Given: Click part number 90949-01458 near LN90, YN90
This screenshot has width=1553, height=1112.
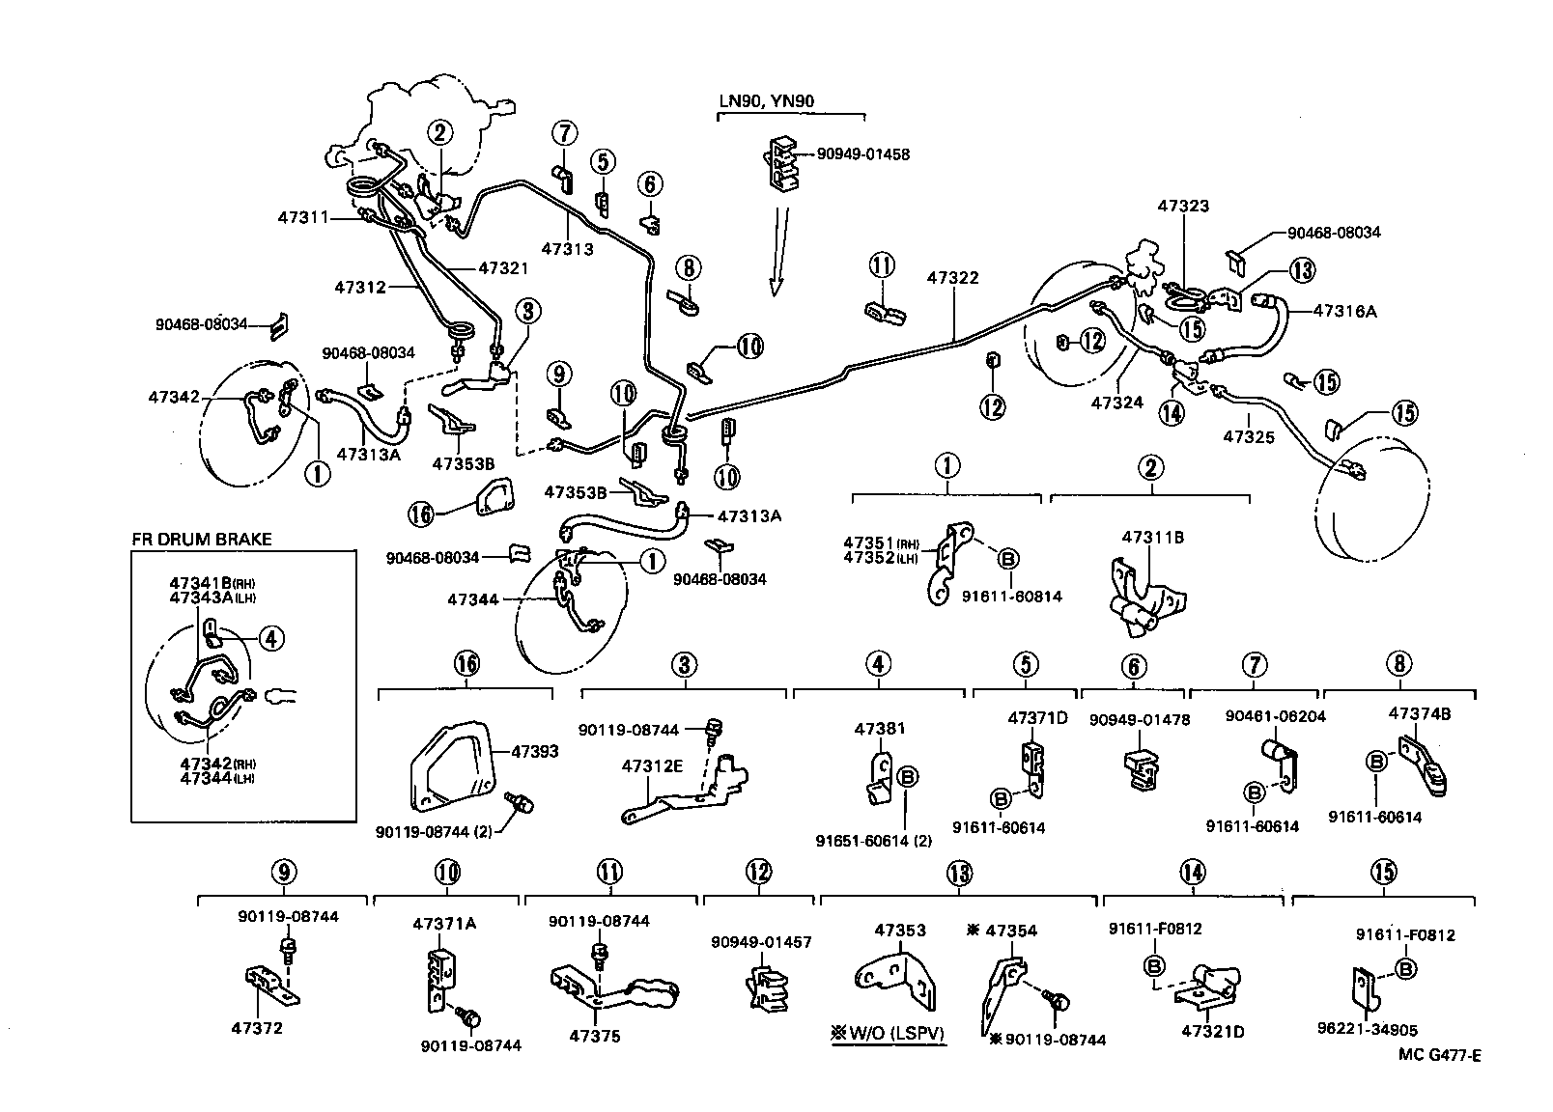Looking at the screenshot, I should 862,154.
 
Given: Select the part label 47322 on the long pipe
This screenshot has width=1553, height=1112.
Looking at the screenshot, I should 952,278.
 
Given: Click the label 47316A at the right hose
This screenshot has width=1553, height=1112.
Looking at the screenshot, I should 1345,311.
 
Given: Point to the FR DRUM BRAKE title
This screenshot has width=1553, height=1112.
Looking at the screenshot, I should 202,540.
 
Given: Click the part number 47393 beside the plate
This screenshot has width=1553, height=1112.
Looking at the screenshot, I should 534,751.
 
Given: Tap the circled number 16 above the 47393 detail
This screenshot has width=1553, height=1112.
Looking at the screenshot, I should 466,664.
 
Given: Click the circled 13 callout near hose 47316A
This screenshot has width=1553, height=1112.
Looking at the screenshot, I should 1302,269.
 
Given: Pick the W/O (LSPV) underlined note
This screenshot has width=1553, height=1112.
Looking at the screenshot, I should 888,1035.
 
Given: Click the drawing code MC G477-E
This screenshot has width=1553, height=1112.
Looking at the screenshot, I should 1439,1055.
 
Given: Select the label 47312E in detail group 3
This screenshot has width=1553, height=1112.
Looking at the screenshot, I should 652,766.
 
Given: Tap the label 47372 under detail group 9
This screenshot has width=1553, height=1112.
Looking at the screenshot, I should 257,1028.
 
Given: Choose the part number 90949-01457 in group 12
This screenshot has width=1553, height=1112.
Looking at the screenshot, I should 761,942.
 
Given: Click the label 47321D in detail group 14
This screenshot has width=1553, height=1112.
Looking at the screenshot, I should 1212,1032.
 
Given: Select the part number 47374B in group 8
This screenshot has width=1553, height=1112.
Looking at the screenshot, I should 1418,714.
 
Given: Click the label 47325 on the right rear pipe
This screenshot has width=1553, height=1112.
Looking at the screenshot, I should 1249,436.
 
